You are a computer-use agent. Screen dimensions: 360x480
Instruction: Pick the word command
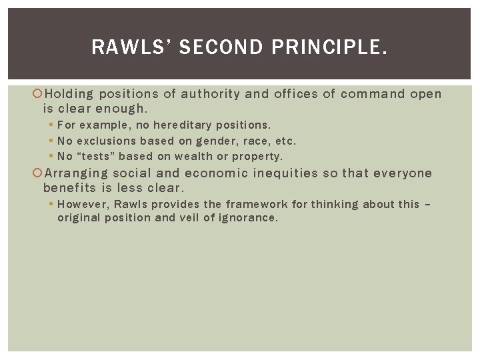click(x=372, y=94)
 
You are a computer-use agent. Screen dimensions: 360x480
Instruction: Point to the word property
click(x=259, y=157)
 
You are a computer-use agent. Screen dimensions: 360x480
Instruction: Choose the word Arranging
click(x=76, y=173)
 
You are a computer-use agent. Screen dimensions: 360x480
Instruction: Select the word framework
click(x=256, y=204)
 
